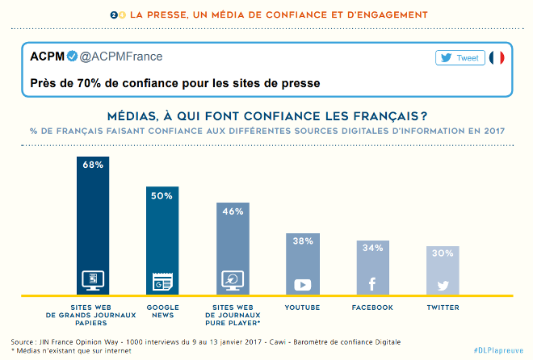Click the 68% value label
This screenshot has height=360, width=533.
pyautogui.click(x=93, y=165)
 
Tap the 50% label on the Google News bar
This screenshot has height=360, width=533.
pyautogui.click(x=162, y=195)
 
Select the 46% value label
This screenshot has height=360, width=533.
pyautogui.click(x=233, y=211)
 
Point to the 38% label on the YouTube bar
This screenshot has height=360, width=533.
pyautogui.click(x=303, y=241)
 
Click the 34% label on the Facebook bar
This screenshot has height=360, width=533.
pyautogui.click(x=372, y=248)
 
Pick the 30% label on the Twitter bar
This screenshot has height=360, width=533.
pyautogui.click(x=443, y=253)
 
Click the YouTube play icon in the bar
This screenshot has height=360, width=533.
pyautogui.click(x=303, y=284)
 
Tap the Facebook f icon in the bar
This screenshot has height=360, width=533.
pyautogui.click(x=372, y=284)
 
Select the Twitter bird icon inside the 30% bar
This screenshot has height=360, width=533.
pyautogui.click(x=443, y=285)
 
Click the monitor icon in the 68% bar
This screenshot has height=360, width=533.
pyautogui.click(x=93, y=281)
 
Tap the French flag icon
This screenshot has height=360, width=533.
pyautogui.click(x=497, y=57)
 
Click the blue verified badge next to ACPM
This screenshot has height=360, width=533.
pyautogui.click(x=71, y=57)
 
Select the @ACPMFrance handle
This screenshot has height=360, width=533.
pyautogui.click(x=120, y=57)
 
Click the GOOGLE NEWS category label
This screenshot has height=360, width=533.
pyautogui.click(x=162, y=312)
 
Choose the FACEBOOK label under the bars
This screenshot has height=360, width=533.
pyautogui.click(x=372, y=308)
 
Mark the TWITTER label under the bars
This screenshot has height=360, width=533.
pyautogui.click(x=443, y=308)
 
